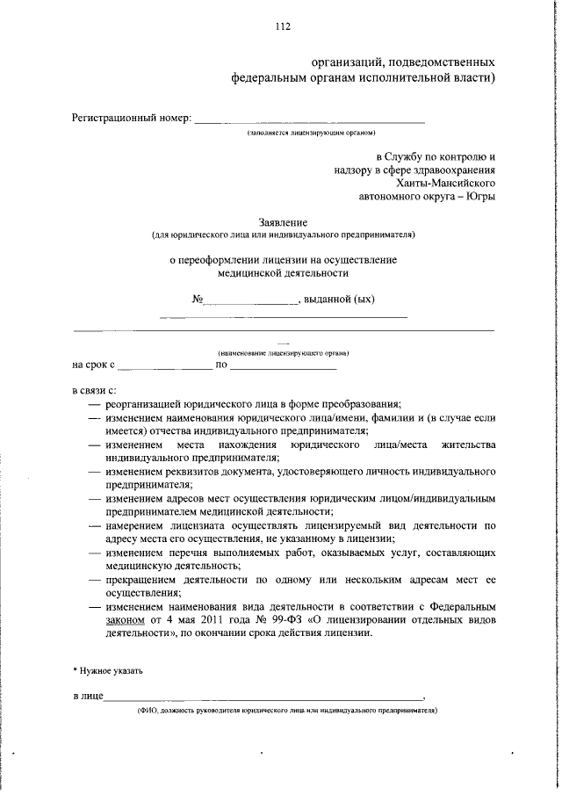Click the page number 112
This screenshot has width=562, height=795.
tap(281, 26)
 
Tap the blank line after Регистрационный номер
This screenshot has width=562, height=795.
tap(308, 119)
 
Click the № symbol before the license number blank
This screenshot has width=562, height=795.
tap(198, 300)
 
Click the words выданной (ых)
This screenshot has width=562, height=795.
tap(338, 300)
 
